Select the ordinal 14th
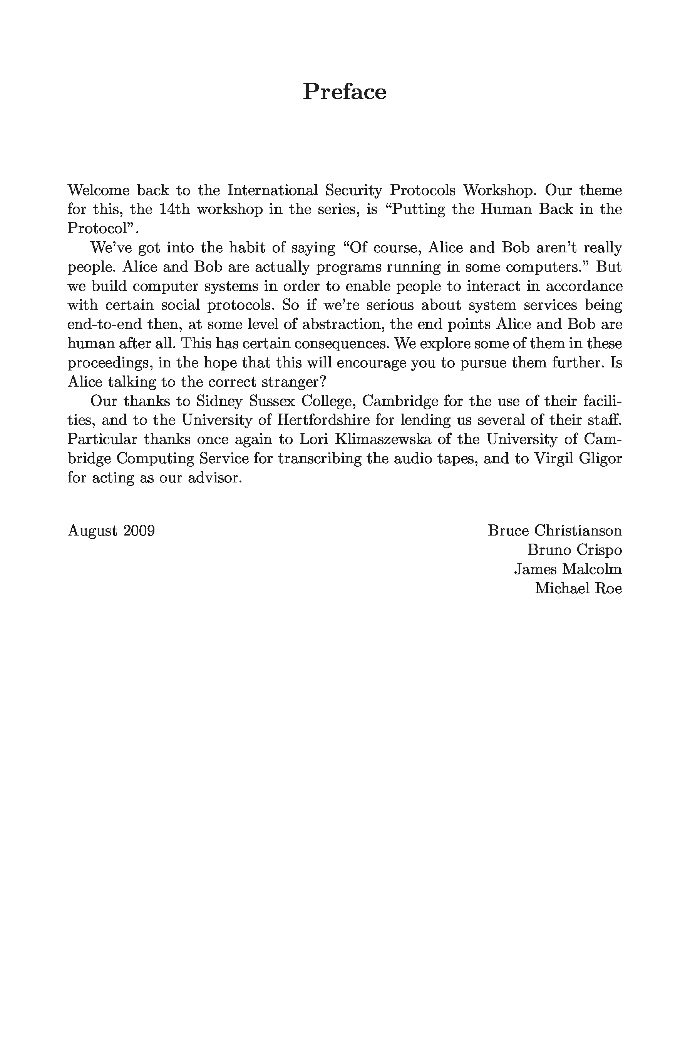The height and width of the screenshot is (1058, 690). [174, 209]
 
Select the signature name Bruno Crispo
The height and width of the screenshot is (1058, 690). [574, 550]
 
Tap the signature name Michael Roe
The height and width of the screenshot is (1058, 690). [578, 589]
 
